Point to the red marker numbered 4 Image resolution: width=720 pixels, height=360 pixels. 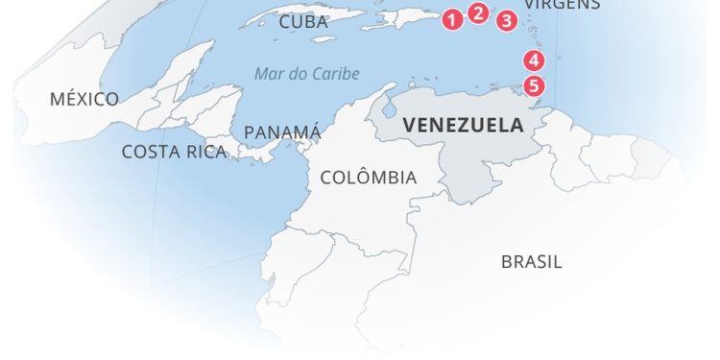point(534,60)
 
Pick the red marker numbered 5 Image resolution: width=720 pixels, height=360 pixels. point(535,85)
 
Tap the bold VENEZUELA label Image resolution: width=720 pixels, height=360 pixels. point(463,125)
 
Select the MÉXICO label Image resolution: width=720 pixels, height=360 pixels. point(84,99)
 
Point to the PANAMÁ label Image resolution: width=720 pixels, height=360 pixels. point(282,132)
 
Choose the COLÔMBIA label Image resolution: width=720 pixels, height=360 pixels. point(369,178)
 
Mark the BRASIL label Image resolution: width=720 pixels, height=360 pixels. point(532,261)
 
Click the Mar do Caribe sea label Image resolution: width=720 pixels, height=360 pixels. point(307,74)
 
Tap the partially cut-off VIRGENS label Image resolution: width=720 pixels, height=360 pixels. point(563,5)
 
